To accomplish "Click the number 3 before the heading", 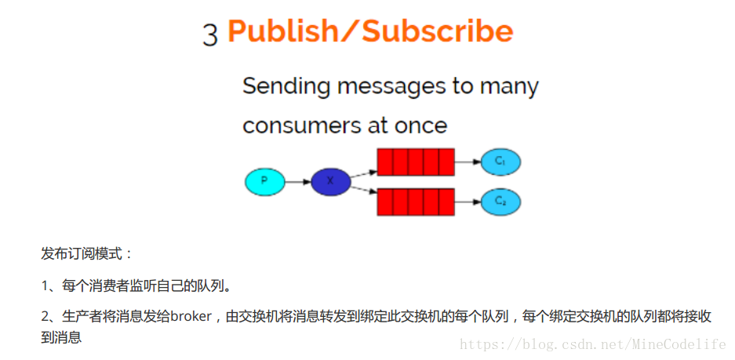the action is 210,35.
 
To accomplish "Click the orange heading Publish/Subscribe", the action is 370,31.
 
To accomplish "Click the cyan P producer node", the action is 264,182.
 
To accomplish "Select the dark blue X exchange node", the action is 330,182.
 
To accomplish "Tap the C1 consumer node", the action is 500,162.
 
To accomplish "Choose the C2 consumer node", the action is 500,202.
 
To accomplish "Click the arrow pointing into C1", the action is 468,162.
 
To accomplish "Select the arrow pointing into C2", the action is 468,202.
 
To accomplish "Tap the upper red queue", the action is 416,162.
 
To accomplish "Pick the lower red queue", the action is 416,202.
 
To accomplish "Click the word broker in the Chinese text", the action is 191,316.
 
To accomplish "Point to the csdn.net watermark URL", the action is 592,344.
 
